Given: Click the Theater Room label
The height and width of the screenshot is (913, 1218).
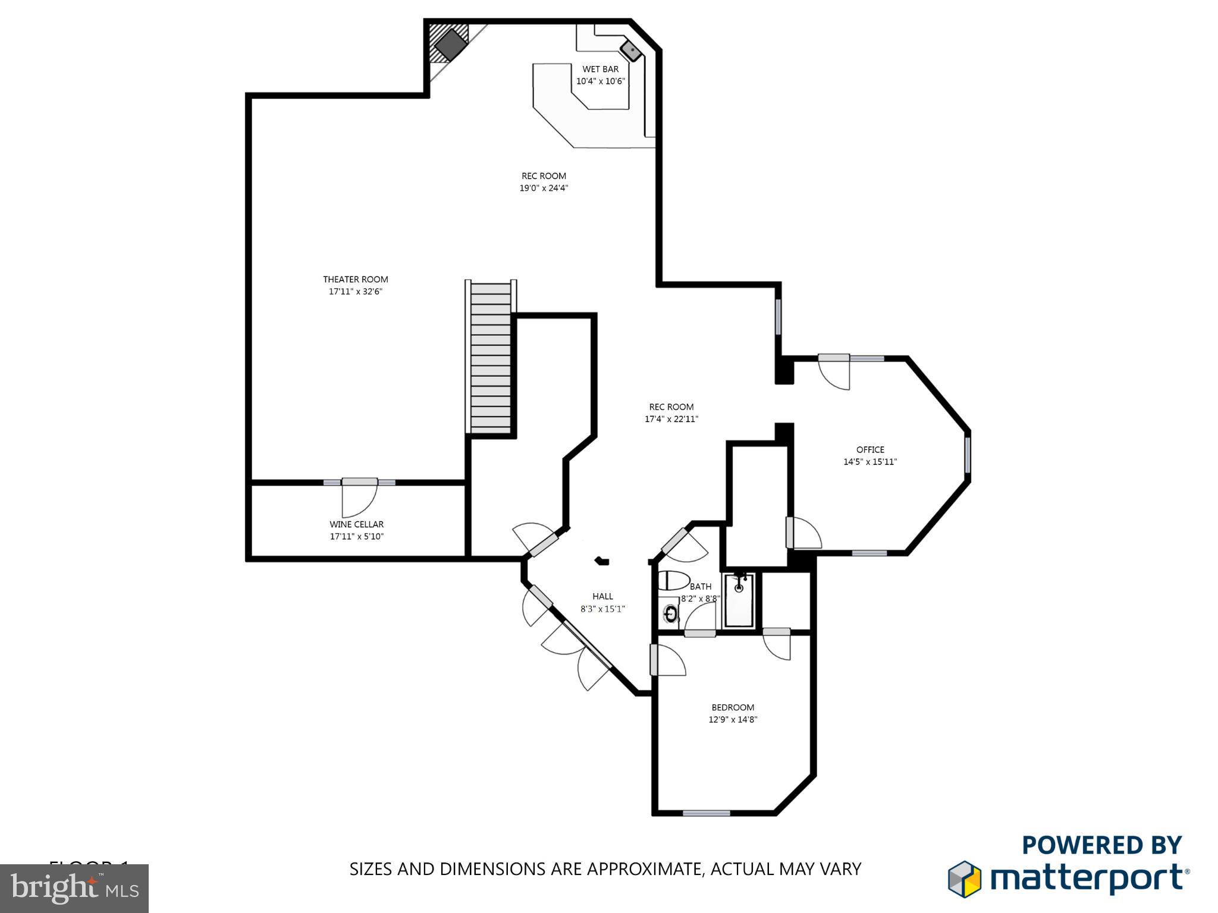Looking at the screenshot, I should (355, 279).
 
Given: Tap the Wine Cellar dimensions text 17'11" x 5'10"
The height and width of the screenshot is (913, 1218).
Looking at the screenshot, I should (356, 537).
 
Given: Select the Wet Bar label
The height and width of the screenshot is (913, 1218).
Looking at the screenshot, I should (600, 70).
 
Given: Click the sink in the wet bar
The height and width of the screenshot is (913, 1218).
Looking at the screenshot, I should (630, 51).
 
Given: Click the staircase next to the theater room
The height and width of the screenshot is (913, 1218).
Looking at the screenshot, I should (491, 357).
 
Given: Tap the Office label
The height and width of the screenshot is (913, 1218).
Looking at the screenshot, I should (870, 450).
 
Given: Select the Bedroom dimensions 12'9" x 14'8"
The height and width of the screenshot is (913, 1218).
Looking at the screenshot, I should (733, 720).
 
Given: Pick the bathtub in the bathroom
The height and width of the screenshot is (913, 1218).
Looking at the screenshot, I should (739, 600).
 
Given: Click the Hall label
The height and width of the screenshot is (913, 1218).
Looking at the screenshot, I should (602, 597).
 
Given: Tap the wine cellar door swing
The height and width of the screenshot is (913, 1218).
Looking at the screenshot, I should (359, 499).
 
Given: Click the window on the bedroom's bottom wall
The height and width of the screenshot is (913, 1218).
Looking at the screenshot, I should (706, 813).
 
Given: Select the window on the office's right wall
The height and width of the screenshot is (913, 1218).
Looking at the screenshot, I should (967, 455).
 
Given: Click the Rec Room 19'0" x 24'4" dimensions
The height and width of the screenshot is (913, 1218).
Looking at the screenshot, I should (544, 188).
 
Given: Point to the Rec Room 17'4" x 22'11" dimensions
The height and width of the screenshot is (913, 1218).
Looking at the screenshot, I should (671, 420).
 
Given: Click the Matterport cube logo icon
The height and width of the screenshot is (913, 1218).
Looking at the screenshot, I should (964, 879).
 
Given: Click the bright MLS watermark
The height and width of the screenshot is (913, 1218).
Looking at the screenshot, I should (74, 888).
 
